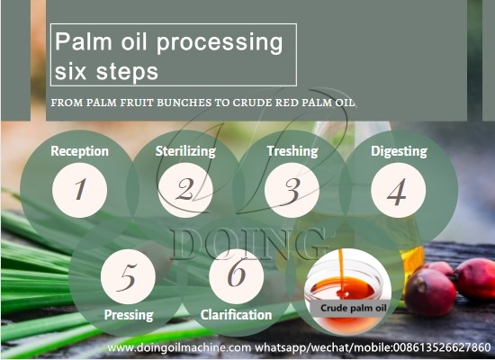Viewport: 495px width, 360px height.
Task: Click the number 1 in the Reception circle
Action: (x=79, y=190)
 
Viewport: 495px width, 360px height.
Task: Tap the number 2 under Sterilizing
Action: (x=184, y=190)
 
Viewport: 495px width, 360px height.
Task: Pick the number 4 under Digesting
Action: (x=396, y=190)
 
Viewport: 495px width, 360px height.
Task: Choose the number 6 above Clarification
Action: (x=236, y=275)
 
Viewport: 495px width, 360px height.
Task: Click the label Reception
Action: (x=79, y=151)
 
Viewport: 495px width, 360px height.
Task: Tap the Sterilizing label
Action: (x=184, y=151)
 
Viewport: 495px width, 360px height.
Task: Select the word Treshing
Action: (x=292, y=151)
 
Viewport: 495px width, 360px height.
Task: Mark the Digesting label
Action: (x=398, y=151)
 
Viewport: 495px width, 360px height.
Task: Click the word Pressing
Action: (x=128, y=315)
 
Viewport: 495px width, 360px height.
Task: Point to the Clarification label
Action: (x=236, y=315)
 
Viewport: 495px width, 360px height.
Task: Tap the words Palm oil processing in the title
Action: (x=169, y=41)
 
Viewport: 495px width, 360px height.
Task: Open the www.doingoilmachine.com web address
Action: (x=176, y=347)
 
